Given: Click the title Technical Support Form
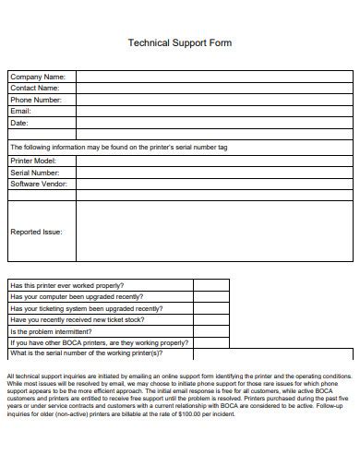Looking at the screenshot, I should click(x=179, y=43).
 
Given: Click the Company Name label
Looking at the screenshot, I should click(x=37, y=77).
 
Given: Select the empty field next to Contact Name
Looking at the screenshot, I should click(x=213, y=88).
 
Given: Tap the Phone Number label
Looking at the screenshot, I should click(x=36, y=100).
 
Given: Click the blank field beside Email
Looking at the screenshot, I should click(x=213, y=111).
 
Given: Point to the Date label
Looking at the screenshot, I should click(x=19, y=122).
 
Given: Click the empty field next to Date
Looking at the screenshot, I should click(x=213, y=122).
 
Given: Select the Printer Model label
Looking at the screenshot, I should click(x=34, y=161).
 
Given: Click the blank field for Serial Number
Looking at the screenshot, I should click(x=213, y=172).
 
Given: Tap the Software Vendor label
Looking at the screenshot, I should click(x=39, y=184).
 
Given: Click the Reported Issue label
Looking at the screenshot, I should click(x=36, y=232).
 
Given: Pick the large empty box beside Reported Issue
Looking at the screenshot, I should click(x=213, y=232).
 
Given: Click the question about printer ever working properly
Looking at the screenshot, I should click(x=66, y=285).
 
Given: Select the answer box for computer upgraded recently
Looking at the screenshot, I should click(x=211, y=297).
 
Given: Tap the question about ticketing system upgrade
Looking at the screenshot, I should click(x=86, y=308).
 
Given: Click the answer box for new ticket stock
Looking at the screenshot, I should click(x=211, y=319).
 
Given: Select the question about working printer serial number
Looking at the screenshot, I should click(x=86, y=353).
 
